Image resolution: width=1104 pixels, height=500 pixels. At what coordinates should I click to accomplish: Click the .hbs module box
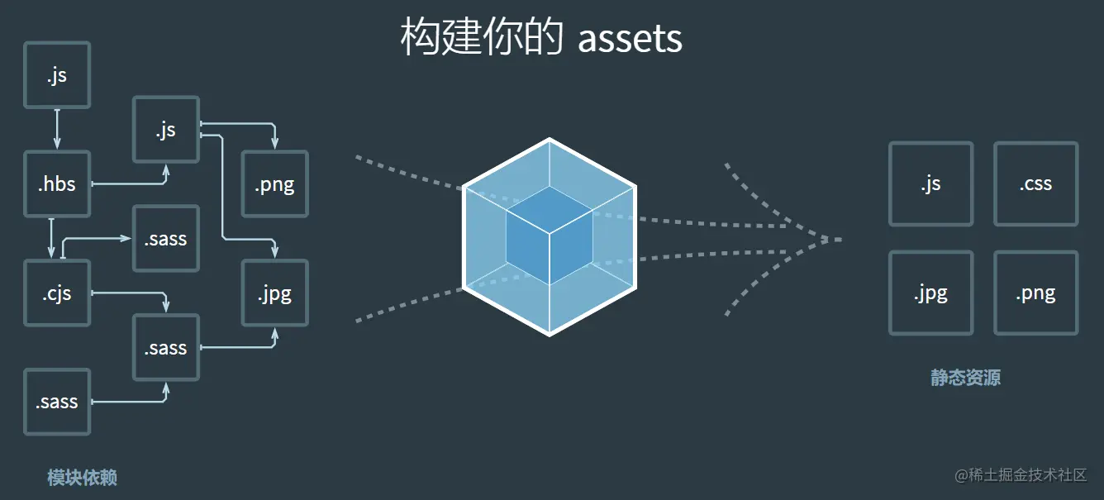pyautogui.click(x=57, y=183)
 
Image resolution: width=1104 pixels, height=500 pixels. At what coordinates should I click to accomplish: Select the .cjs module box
pyautogui.click(x=57, y=293)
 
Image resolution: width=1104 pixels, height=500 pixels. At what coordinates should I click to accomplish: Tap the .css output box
pyautogui.click(x=1035, y=183)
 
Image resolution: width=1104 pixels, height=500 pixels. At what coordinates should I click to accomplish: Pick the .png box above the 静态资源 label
pyautogui.click(x=1035, y=293)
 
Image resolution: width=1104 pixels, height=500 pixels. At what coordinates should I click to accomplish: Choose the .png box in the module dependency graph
pyautogui.click(x=274, y=183)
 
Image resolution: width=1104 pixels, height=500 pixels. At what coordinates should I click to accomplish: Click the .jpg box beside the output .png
pyautogui.click(x=930, y=293)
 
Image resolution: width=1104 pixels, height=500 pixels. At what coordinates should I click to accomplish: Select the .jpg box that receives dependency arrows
pyautogui.click(x=274, y=293)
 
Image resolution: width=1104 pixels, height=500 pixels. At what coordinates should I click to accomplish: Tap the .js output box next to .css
pyautogui.click(x=930, y=183)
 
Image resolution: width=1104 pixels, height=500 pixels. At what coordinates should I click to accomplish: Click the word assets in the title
pyautogui.click(x=630, y=38)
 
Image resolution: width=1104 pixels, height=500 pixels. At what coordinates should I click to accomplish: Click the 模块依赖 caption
pyautogui.click(x=82, y=478)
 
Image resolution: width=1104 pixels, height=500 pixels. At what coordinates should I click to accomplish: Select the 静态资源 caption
pyautogui.click(x=965, y=379)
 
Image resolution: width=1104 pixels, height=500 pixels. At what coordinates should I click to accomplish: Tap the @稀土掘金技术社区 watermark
pyautogui.click(x=1021, y=475)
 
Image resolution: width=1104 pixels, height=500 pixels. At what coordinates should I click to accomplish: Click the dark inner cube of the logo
pyautogui.click(x=550, y=236)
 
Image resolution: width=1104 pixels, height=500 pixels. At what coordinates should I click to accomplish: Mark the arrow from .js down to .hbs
pyautogui.click(x=57, y=128)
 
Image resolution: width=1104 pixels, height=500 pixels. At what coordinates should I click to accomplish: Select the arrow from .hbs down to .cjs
pyautogui.click(x=51, y=237)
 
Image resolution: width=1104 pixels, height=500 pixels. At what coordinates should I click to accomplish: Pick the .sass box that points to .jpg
pyautogui.click(x=166, y=347)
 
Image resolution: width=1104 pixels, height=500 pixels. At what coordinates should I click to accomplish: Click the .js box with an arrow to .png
pyautogui.click(x=166, y=129)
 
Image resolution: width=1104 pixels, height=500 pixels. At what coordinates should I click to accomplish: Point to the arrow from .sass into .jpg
pyautogui.click(x=248, y=346)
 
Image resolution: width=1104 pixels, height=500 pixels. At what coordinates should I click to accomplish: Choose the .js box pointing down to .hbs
pyautogui.click(x=57, y=75)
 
